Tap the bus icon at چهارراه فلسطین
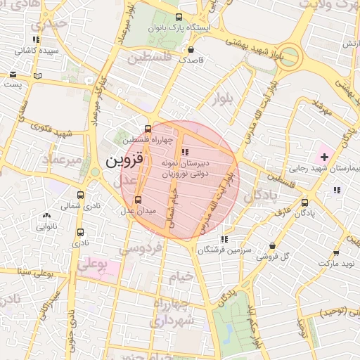pos(147,129)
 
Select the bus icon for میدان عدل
pos(138,200)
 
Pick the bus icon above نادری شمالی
pos(80,195)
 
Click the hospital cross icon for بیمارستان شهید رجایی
pos(324,155)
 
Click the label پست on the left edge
pos(12,84)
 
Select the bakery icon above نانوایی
pos(46,216)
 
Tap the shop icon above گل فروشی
pos(273,245)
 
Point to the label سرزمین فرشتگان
pos(224,250)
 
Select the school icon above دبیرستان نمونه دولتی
pos(184,152)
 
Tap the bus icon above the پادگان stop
pos(304,202)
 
